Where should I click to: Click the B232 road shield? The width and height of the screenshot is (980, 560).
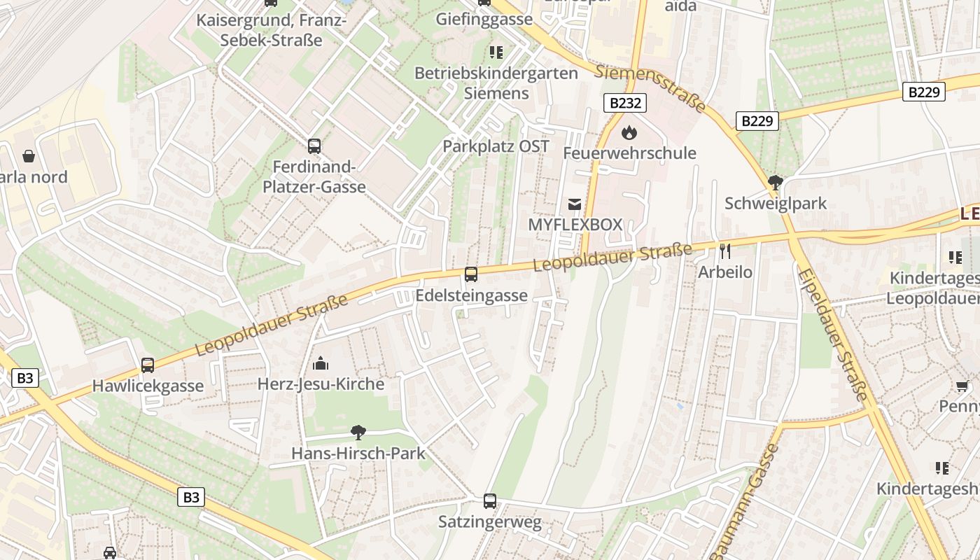point(624,103)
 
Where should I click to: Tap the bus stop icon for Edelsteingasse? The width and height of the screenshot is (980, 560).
point(471,274)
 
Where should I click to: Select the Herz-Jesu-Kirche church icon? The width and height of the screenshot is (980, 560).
point(321,363)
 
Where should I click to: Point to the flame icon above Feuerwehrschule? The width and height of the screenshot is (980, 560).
point(629,132)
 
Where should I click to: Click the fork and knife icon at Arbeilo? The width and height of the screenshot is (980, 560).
point(725,251)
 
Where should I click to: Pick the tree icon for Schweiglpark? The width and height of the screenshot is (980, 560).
point(775,183)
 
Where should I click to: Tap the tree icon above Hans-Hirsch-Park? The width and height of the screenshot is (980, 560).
point(358,432)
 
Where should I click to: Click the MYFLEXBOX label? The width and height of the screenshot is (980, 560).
point(575,225)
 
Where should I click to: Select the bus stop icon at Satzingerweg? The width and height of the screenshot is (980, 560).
point(490,500)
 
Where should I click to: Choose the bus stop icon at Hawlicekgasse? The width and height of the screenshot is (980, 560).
point(148,365)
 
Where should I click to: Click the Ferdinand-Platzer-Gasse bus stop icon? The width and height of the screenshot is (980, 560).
point(314,146)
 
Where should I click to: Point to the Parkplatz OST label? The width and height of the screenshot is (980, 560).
point(496,146)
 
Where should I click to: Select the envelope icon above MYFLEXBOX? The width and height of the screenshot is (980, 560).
point(575,204)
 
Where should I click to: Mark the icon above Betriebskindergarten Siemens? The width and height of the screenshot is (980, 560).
point(496,52)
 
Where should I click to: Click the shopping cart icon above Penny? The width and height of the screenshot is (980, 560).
point(962,386)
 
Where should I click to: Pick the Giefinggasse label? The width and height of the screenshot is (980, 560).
point(484,19)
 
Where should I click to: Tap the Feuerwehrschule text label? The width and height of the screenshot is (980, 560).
point(629,153)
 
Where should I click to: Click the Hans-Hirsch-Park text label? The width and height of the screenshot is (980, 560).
point(358,453)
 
